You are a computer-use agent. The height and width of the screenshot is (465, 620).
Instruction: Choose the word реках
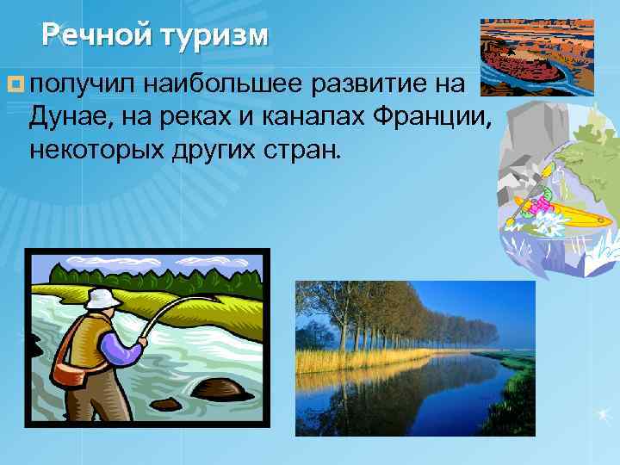click(208, 117)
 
